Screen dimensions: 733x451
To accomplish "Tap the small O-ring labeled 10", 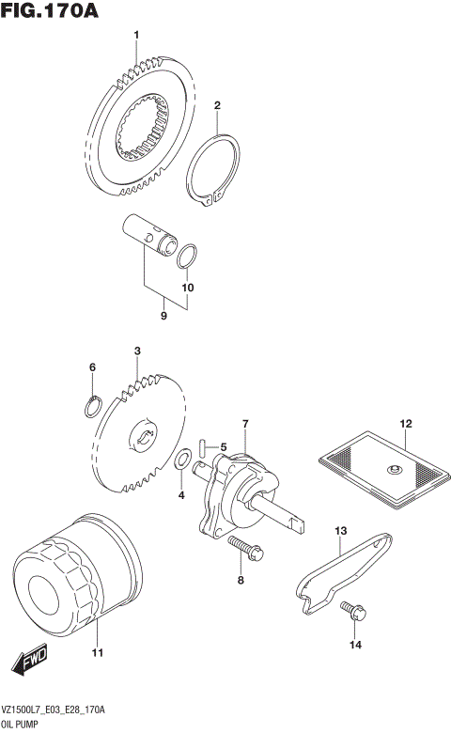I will [x=188, y=255].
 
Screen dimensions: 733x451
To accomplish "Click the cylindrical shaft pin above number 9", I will [x=151, y=235].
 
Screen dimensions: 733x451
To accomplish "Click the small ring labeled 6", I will [x=92, y=405].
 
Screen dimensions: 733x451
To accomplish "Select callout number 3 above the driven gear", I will [x=137, y=351].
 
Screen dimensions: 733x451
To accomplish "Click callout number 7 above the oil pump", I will [x=244, y=425].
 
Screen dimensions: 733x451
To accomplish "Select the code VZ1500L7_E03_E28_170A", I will [x=53, y=712].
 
